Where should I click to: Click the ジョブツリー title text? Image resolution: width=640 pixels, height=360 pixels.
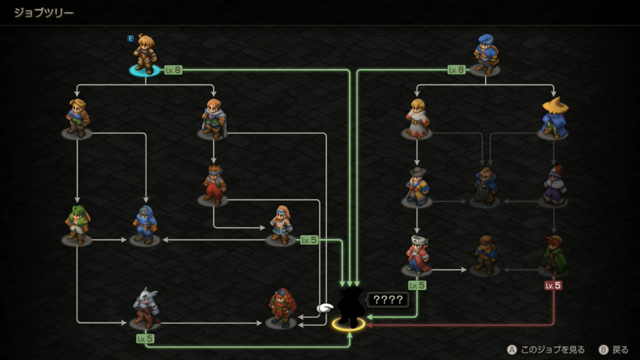[44, 13]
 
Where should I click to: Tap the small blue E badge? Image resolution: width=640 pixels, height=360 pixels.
[131, 38]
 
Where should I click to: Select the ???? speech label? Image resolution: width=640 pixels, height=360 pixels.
[388, 300]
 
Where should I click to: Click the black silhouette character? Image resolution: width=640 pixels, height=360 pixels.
[350, 307]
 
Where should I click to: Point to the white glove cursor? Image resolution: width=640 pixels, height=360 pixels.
[325, 308]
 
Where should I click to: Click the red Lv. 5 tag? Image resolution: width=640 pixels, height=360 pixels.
[553, 285]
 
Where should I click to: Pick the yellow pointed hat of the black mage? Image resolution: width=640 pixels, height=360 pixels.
[555, 105]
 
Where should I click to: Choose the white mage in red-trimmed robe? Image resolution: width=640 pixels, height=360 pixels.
[417, 118]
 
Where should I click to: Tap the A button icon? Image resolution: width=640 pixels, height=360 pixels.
[511, 350]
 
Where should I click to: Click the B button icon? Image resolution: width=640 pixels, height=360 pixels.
[603, 350]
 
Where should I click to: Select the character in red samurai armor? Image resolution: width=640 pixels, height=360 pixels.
[282, 308]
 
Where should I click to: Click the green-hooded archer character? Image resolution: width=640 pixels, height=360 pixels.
[77, 225]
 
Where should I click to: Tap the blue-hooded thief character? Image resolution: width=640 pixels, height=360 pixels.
[145, 225]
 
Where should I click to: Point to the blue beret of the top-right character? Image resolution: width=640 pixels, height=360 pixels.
[485, 39]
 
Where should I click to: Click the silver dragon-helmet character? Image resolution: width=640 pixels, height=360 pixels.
[146, 308]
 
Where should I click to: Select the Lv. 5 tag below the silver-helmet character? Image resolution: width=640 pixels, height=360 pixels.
[145, 339]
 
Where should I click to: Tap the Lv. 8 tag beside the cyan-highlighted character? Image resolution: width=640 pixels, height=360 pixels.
[173, 70]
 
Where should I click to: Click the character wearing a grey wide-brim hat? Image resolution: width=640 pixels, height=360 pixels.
[418, 186]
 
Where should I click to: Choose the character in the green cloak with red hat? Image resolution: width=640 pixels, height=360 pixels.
[554, 255]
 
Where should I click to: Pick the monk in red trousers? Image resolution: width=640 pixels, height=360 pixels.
[214, 185]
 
